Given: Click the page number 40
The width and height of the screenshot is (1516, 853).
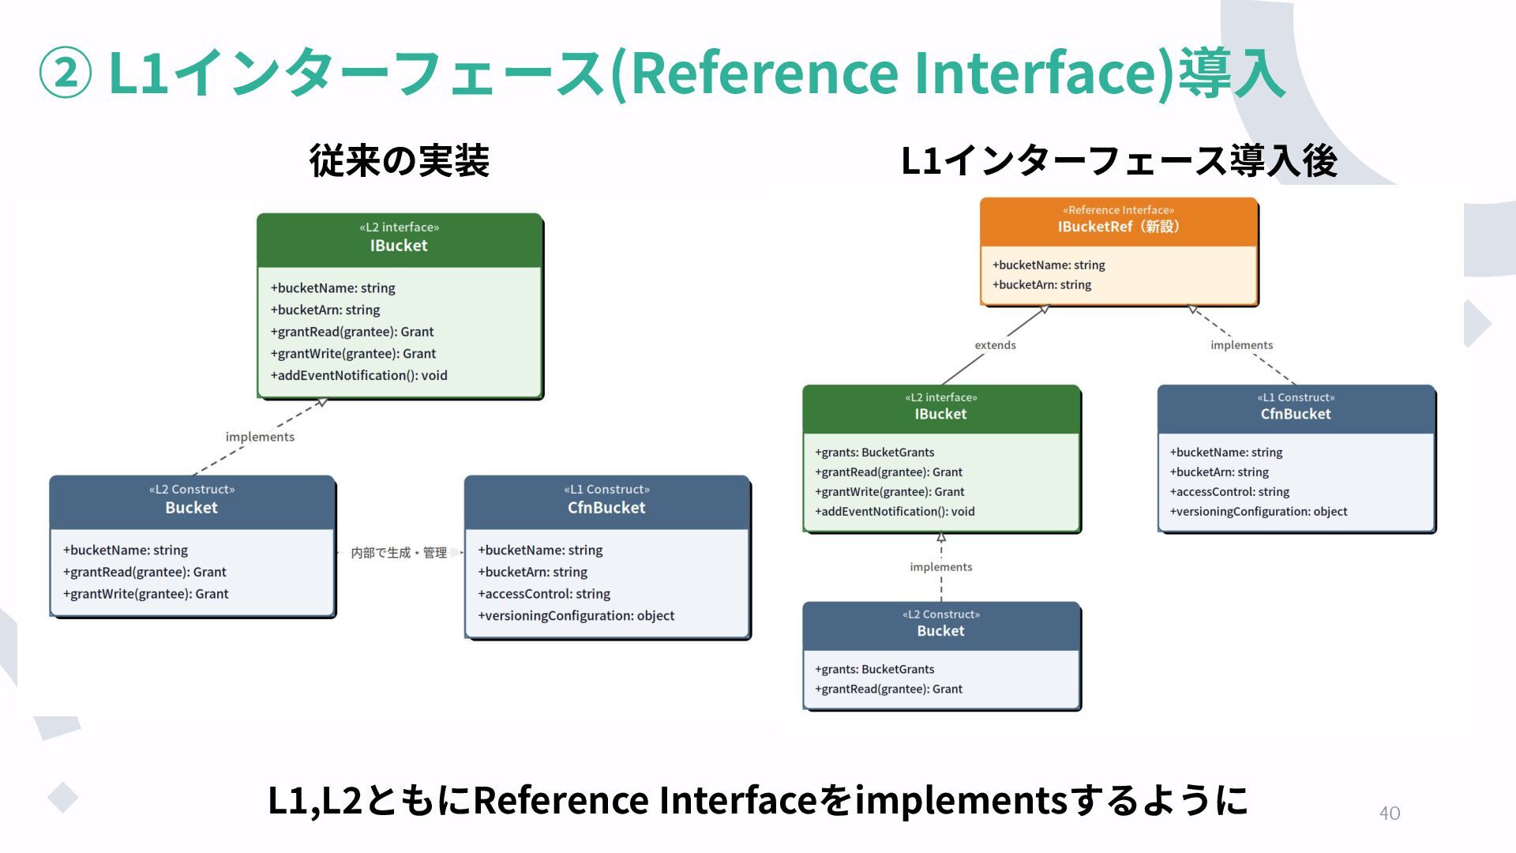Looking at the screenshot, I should coord(1389,813).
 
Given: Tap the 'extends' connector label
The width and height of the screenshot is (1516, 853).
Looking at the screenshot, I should coord(995,345).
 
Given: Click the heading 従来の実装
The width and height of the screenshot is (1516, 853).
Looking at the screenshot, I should coord(400,161).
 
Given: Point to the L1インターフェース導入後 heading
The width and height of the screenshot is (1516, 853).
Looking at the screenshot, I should coord(1119,161).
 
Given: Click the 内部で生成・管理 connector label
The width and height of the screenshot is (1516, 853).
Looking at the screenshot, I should coord(399,553).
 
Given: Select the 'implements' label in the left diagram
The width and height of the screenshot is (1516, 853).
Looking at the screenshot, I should coord(260,437).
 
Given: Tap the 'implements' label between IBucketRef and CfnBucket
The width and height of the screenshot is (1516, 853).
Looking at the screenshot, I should coord(1241,345).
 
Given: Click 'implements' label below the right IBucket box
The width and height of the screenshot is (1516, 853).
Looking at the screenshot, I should coord(940,567).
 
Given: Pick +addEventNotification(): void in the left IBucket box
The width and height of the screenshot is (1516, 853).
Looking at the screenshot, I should coord(358,375).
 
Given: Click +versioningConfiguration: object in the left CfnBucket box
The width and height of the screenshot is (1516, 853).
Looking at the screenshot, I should coord(576,615).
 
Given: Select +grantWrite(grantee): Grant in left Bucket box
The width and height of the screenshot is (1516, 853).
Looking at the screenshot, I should coord(145,594).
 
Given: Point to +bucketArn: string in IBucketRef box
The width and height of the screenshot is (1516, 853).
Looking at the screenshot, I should coord(1041,284).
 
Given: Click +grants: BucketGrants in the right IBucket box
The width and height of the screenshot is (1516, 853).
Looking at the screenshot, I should coord(874,453).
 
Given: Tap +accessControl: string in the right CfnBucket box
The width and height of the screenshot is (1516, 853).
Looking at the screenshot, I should coord(1229,492).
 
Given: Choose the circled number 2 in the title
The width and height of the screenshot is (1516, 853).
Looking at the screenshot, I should coord(66,73).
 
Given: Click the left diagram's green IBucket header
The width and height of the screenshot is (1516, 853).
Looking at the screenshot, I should coord(400,239).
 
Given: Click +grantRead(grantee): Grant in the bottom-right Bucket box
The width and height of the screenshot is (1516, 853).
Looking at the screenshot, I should coord(888,689).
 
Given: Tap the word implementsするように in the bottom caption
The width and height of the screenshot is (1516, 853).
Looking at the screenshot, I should coord(1051,800).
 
